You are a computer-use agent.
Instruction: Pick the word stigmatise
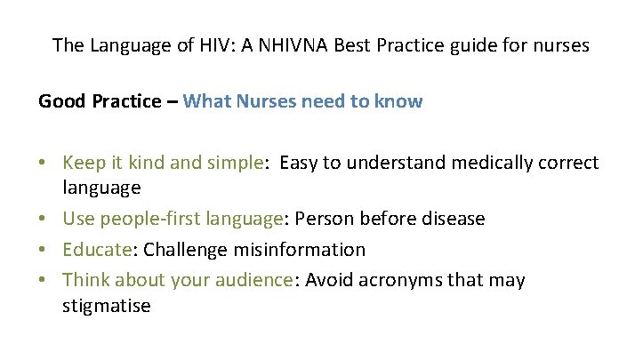point(107,307)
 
